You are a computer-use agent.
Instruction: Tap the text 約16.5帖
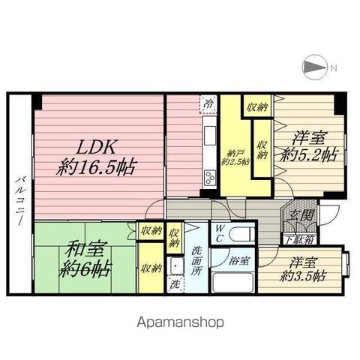97,168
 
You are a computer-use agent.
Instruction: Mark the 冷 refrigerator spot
208,104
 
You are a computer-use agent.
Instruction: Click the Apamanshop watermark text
180,322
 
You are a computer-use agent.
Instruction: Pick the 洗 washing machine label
174,285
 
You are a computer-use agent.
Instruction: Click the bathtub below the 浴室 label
234,283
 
